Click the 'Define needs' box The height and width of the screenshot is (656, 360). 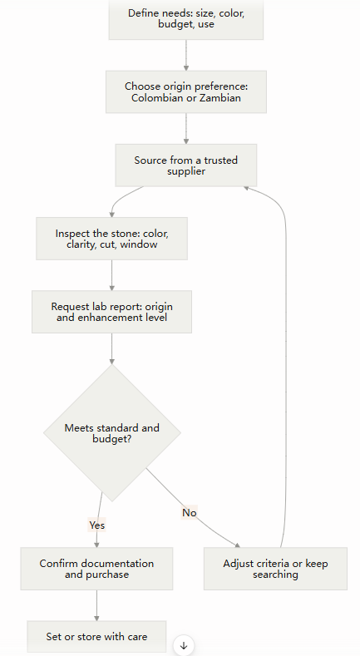(x=186, y=19)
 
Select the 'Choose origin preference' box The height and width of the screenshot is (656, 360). (x=186, y=92)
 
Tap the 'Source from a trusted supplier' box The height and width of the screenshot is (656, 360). (x=186, y=165)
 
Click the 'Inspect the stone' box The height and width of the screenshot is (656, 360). (x=111, y=239)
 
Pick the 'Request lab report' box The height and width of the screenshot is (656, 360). (x=111, y=312)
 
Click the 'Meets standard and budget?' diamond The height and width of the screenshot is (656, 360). (x=112, y=433)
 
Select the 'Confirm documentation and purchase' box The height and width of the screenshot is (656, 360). (x=96, y=569)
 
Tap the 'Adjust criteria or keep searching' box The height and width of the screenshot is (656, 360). (x=275, y=569)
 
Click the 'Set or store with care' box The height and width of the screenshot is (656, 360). (x=96, y=637)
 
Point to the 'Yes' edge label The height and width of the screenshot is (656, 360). (x=97, y=525)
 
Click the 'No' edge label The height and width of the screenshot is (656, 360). (x=189, y=512)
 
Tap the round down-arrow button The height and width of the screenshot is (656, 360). (x=184, y=645)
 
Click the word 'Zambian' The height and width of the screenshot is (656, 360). (x=220, y=98)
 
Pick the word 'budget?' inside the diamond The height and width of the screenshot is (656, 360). (x=112, y=439)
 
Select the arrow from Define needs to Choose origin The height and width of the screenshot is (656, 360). (x=186, y=55)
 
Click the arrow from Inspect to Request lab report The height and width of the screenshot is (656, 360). (x=111, y=275)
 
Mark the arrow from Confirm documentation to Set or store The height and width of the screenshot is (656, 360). (x=96, y=605)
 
